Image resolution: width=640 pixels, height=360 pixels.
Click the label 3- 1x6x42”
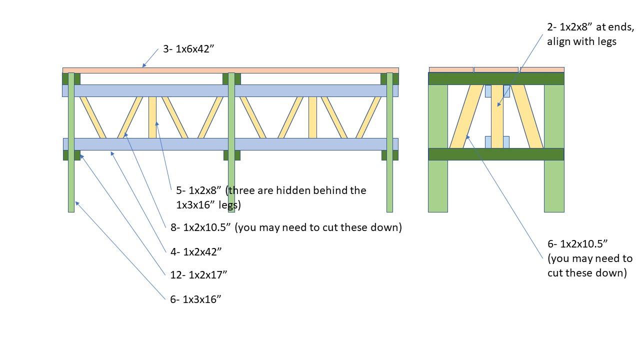188,49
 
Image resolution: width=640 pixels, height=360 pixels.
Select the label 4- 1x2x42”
196,251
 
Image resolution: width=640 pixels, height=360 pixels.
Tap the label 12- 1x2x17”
198,275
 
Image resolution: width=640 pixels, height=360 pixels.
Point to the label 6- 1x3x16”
195,299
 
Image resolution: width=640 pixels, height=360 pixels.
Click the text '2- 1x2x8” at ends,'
590,27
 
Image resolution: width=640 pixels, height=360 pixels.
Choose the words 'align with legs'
581,41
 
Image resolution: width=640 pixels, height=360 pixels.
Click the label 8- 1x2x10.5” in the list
200,227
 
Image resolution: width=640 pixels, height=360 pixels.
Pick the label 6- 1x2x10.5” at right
577,243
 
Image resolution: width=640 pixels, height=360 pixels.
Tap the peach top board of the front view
230,70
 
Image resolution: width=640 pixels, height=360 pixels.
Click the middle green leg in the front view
231,142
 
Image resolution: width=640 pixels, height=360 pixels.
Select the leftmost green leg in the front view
71,142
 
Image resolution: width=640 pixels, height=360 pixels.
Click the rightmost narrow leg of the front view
389,142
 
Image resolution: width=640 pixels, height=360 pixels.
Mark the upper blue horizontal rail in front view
230,90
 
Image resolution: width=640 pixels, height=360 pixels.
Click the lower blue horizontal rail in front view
230,144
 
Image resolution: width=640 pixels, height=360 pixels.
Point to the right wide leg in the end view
554,148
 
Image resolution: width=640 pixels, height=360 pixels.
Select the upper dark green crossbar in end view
496,78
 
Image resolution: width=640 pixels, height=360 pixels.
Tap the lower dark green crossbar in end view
496,154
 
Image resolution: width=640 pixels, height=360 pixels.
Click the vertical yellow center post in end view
497,116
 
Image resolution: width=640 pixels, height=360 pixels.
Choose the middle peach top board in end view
496,69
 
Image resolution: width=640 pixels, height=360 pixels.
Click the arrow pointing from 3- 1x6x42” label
150,58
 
